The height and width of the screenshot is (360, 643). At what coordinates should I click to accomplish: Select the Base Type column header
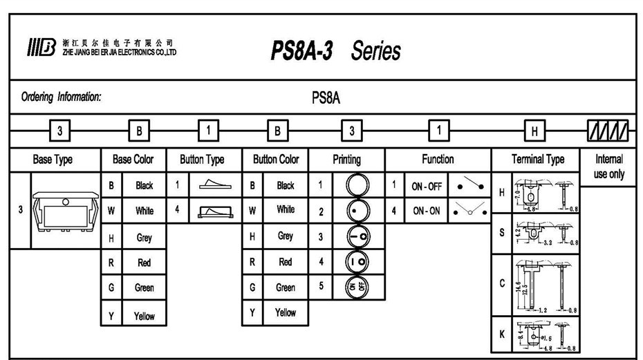tap(53, 160)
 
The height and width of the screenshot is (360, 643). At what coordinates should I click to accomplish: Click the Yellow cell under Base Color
tap(145, 316)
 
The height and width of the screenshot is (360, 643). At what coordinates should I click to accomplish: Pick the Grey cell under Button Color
tap(285, 236)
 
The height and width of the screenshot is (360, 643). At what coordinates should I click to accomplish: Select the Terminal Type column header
tap(537, 160)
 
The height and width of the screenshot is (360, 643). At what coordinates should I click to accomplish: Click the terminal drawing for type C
tap(546, 284)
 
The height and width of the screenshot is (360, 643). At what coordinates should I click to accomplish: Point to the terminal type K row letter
tap(502, 334)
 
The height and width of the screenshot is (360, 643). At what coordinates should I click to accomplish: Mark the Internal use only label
tap(608, 167)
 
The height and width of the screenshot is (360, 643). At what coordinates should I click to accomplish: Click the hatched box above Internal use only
tap(608, 129)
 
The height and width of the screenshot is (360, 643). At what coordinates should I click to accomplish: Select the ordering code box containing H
tap(537, 129)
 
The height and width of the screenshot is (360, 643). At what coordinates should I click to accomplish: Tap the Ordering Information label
tap(62, 97)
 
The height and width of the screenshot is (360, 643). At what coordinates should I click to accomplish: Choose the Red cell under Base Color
tap(145, 263)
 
